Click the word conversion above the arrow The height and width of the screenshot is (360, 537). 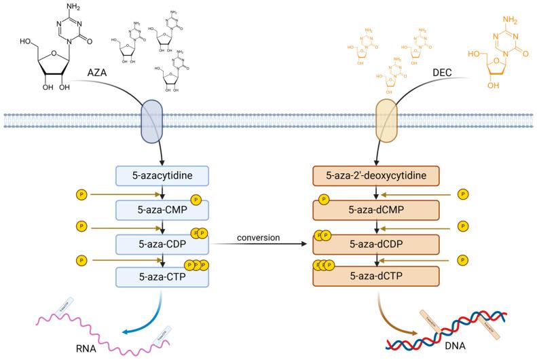(x=260, y=237)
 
